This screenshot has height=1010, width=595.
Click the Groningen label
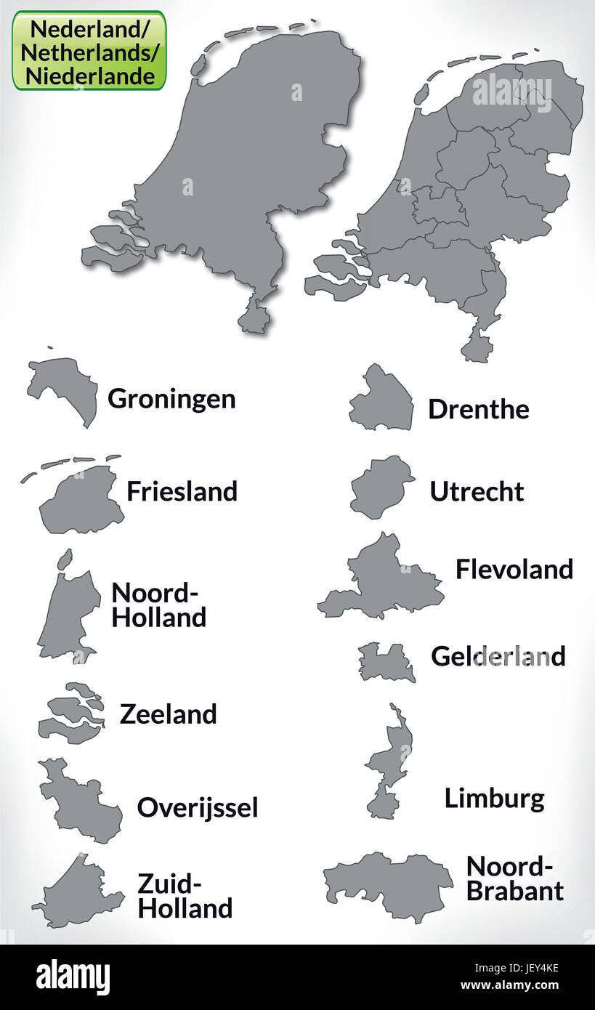click(x=171, y=398)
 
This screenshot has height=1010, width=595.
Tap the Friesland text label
click(x=182, y=491)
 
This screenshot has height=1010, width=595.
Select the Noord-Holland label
click(x=159, y=605)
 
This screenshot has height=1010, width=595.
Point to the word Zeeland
click(x=168, y=714)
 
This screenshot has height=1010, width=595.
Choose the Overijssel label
click(x=198, y=807)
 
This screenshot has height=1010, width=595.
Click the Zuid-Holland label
click(x=185, y=896)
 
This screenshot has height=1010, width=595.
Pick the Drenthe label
click(x=478, y=409)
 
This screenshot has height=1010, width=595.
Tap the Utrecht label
click(x=477, y=491)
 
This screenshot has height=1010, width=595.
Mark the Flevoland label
click(x=514, y=569)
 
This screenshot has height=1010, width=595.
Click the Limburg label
click(x=494, y=799)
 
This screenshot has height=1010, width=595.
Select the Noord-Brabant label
click(x=514, y=878)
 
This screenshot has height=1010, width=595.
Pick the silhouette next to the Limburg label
click(x=389, y=763)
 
